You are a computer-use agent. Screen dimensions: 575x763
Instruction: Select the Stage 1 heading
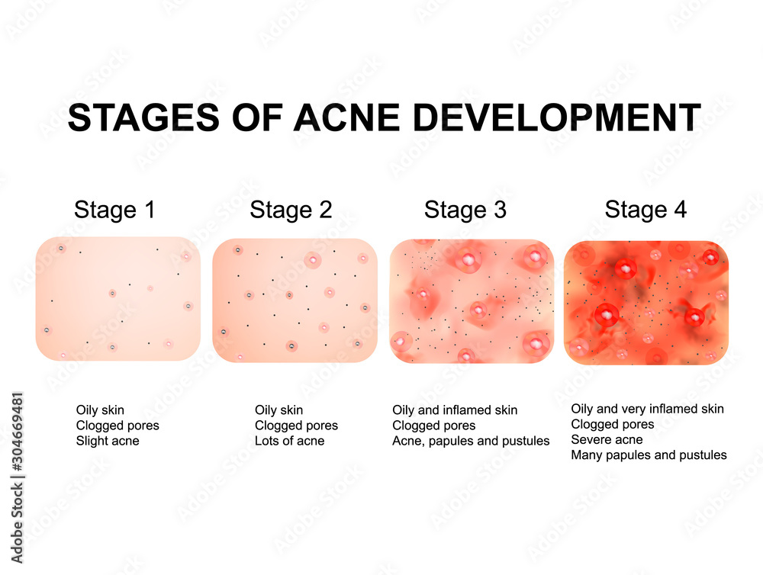(114, 210)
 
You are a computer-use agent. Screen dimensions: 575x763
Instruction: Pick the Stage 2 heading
(291, 210)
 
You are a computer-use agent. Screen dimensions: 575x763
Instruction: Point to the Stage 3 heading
(465, 210)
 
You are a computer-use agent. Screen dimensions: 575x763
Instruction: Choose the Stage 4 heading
(645, 210)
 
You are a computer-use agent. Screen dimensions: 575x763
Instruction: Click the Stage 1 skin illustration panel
(118, 299)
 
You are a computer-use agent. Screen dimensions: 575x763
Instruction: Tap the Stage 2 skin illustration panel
(295, 300)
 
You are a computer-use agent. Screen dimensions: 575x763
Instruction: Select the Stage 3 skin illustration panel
(472, 301)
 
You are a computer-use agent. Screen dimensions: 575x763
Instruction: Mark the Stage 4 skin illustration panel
(645, 302)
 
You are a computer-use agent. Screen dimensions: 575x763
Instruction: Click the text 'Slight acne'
(108, 441)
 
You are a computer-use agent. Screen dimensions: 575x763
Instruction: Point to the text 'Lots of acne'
(289, 441)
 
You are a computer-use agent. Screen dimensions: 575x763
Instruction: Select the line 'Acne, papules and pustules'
(471, 441)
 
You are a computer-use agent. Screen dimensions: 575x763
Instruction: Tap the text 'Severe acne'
(607, 440)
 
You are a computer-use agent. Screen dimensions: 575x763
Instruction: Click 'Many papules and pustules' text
(649, 455)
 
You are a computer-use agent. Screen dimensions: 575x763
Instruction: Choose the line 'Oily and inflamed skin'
(455, 410)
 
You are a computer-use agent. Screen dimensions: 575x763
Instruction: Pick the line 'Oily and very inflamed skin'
(647, 410)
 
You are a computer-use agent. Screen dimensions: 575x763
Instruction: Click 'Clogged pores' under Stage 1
(118, 426)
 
